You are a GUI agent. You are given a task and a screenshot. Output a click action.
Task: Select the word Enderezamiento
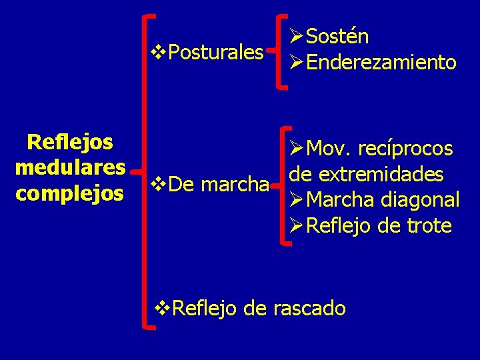click(382, 63)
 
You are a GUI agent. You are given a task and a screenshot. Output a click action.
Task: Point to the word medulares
click(70, 167)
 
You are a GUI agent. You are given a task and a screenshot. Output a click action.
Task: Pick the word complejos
click(70, 193)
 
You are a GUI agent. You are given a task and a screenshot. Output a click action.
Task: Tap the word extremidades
click(387, 174)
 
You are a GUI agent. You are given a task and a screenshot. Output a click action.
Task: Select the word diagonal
click(419, 199)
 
